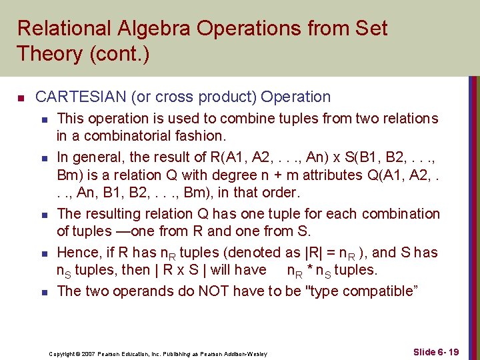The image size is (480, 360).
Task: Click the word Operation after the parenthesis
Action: (295, 97)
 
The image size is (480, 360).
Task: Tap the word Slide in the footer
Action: (424, 352)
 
